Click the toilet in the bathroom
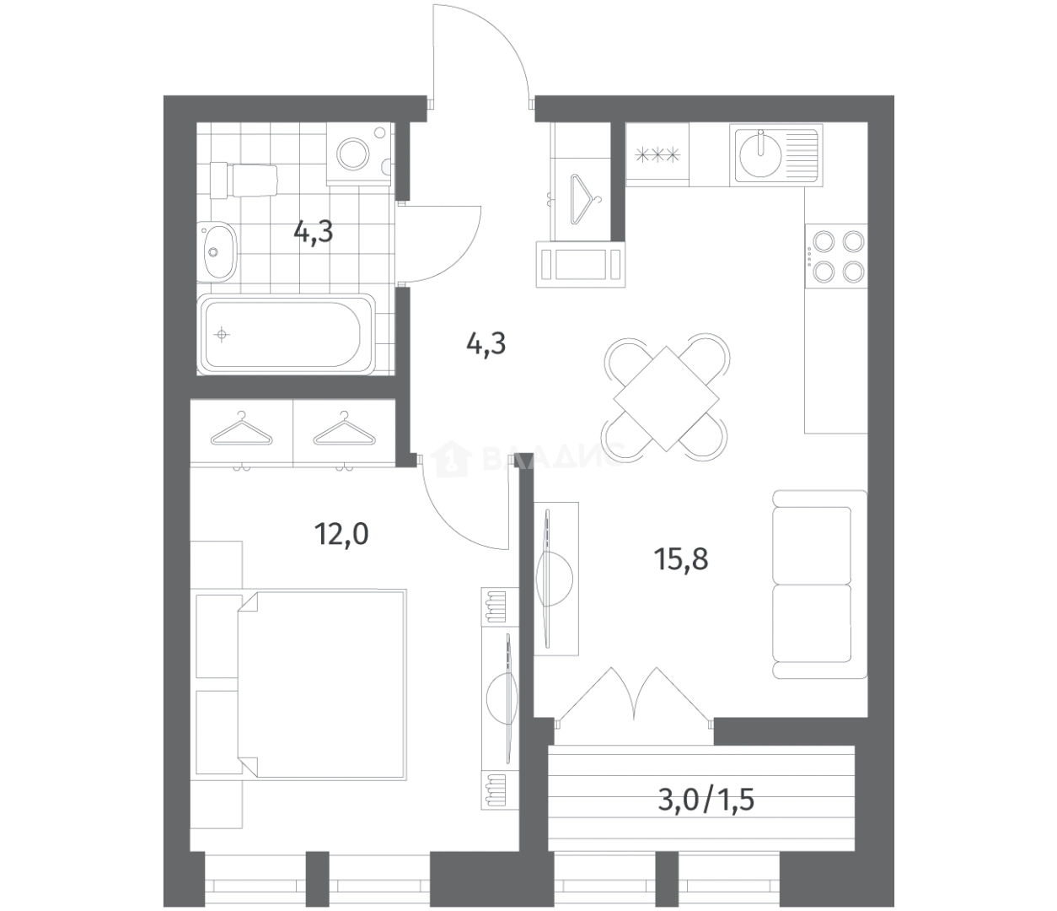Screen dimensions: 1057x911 (244, 181)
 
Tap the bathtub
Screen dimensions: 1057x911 (287, 334)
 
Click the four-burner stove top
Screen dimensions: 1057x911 (835, 256)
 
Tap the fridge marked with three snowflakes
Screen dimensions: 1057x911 (657, 154)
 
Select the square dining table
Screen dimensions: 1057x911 (666, 399)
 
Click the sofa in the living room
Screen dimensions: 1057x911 (820, 584)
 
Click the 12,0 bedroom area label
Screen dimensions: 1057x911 (341, 535)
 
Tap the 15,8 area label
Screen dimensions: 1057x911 (680, 559)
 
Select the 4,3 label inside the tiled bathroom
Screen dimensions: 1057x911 (313, 232)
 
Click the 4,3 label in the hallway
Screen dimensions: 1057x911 (486, 344)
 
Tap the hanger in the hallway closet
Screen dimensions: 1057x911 (586, 199)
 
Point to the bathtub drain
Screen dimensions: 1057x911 (222, 335)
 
